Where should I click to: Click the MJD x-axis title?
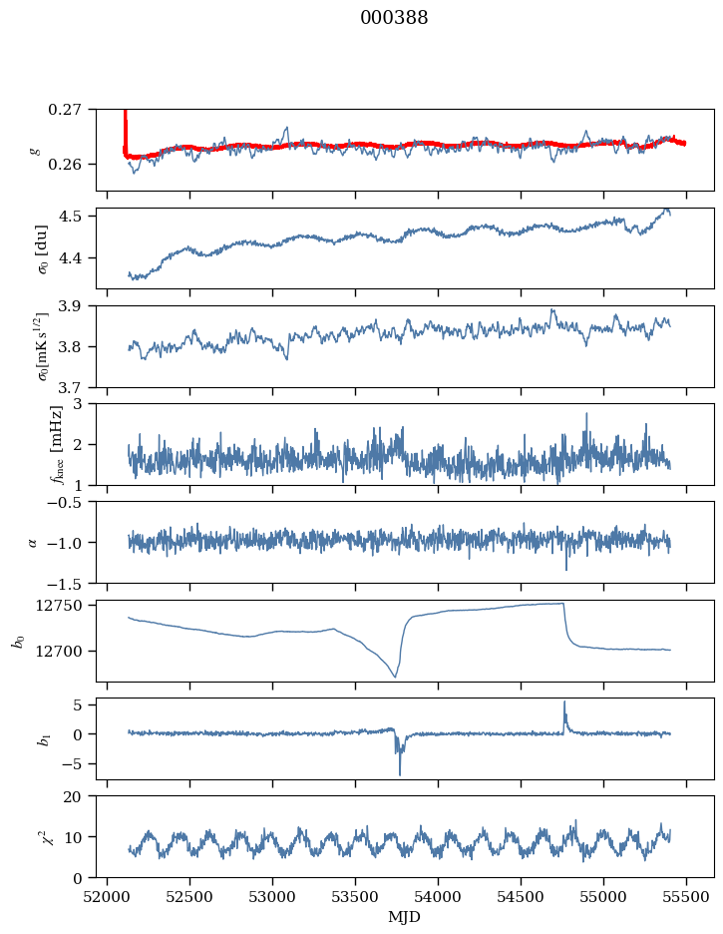click(404, 917)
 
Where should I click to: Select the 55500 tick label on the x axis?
click(686, 896)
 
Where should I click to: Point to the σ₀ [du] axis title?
click(43, 247)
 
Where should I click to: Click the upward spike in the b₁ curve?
click(564, 701)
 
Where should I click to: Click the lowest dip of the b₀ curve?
click(395, 678)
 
